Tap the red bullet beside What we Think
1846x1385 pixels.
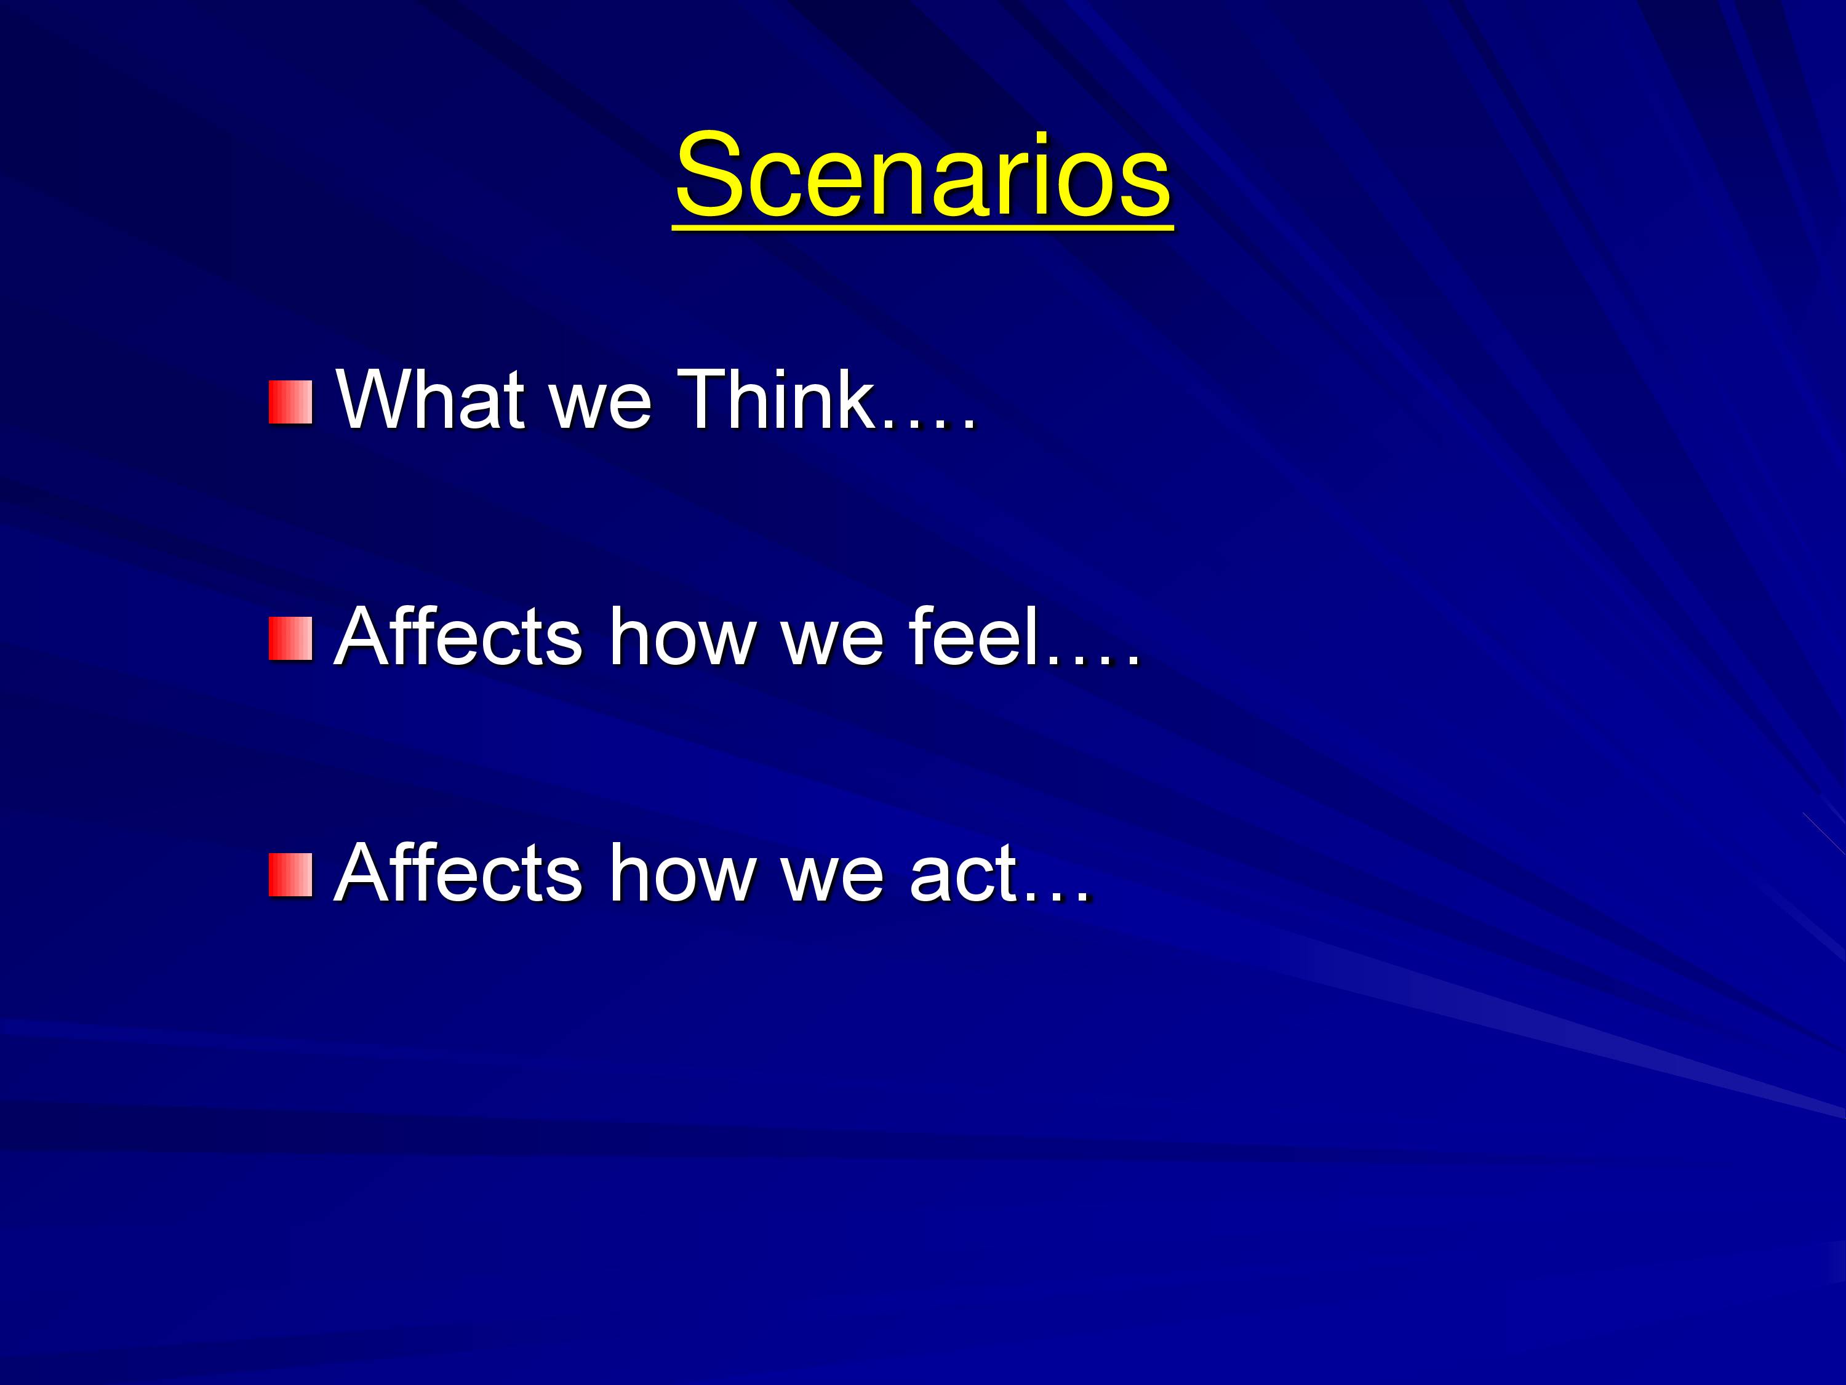[290, 403]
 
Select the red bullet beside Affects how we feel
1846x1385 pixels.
[290, 639]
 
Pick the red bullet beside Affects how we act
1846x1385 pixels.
[290, 875]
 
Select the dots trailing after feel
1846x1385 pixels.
[1092, 659]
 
